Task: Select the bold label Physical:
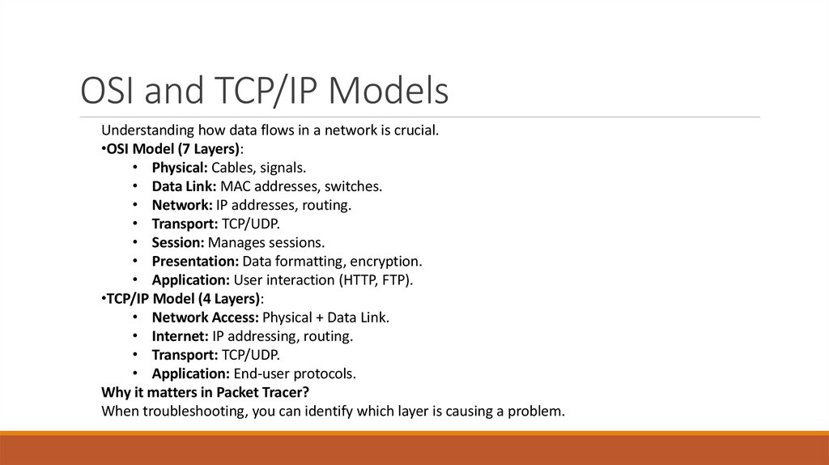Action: pyautogui.click(x=180, y=168)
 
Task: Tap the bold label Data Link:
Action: pyautogui.click(x=182, y=186)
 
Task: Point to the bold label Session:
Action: pyautogui.click(x=178, y=242)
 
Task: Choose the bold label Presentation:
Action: pyautogui.click(x=195, y=261)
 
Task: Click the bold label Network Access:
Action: pyautogui.click(x=202, y=318)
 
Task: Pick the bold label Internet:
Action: pyautogui.click(x=180, y=336)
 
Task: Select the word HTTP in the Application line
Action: pyautogui.click(x=363, y=280)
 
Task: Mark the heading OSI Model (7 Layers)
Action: pyautogui.click(x=173, y=149)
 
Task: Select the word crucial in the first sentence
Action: pyautogui.click(x=413, y=130)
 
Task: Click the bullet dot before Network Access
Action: pyautogui.click(x=134, y=318)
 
